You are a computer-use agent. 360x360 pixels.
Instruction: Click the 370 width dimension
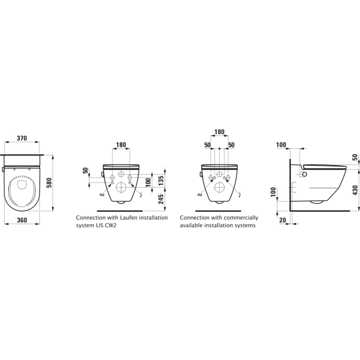[x=22, y=138]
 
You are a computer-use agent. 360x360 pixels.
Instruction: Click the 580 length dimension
[x=50, y=183]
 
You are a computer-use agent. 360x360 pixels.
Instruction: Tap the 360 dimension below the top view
[x=22, y=220]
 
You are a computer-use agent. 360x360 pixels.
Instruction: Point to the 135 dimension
[x=161, y=181]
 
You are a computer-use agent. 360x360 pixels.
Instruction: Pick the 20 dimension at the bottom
[x=283, y=220]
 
